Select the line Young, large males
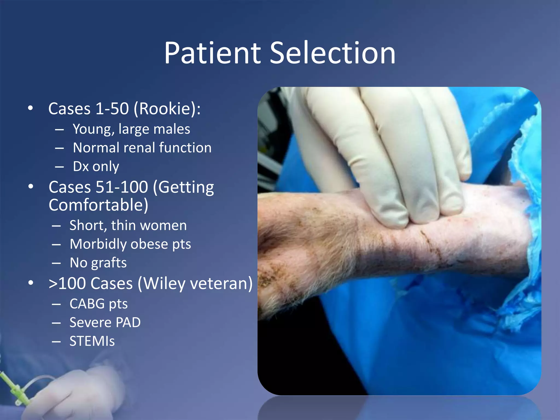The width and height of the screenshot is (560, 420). [x=131, y=129]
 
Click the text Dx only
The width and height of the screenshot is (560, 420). [x=96, y=166]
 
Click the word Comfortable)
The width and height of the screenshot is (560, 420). [x=98, y=205]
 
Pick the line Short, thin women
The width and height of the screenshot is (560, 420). [x=128, y=225]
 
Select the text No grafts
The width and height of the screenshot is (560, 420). [x=98, y=263]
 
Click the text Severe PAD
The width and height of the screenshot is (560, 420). [x=105, y=322]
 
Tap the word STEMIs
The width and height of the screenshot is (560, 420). [x=92, y=341]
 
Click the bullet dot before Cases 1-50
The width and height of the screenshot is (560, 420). [x=31, y=108]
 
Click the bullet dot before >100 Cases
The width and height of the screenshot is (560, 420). [x=31, y=283]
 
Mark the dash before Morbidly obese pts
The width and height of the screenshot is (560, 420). [x=56, y=244]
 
